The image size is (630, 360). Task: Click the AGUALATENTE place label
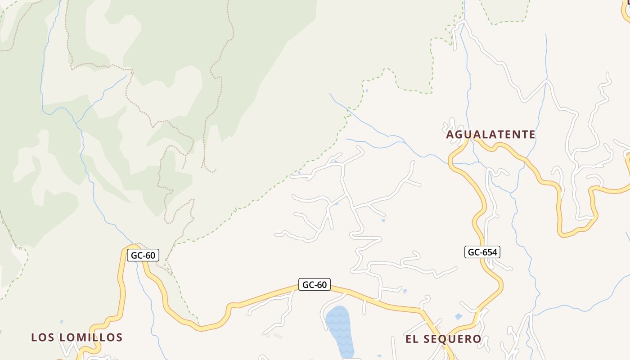pos(490,135)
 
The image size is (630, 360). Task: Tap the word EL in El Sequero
pos(412,339)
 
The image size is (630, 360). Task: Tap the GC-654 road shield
pos(482,252)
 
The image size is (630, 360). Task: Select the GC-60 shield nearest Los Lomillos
pos(143,256)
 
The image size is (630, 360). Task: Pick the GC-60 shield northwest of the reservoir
pos(314,284)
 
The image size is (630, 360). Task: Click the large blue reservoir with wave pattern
pos(339,331)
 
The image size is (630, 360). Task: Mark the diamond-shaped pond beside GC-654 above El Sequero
pos(459,316)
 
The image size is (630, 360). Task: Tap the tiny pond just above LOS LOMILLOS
pos(61,322)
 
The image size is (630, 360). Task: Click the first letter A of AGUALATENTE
pos(450,135)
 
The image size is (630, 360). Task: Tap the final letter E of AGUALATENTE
pos(532,135)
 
